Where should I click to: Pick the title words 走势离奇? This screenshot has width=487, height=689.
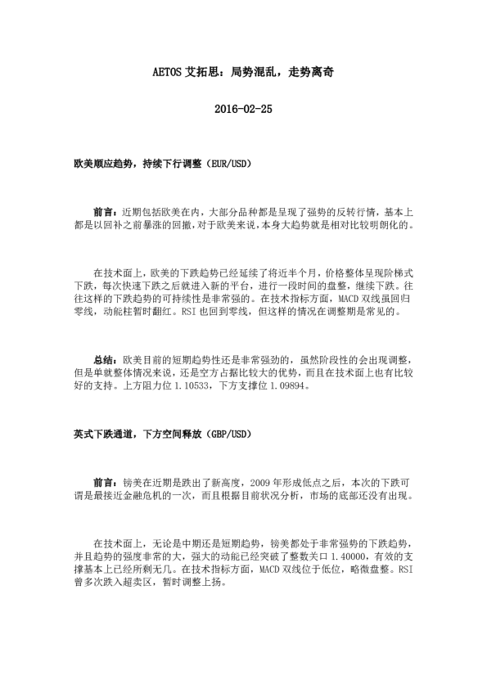[311, 72]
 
